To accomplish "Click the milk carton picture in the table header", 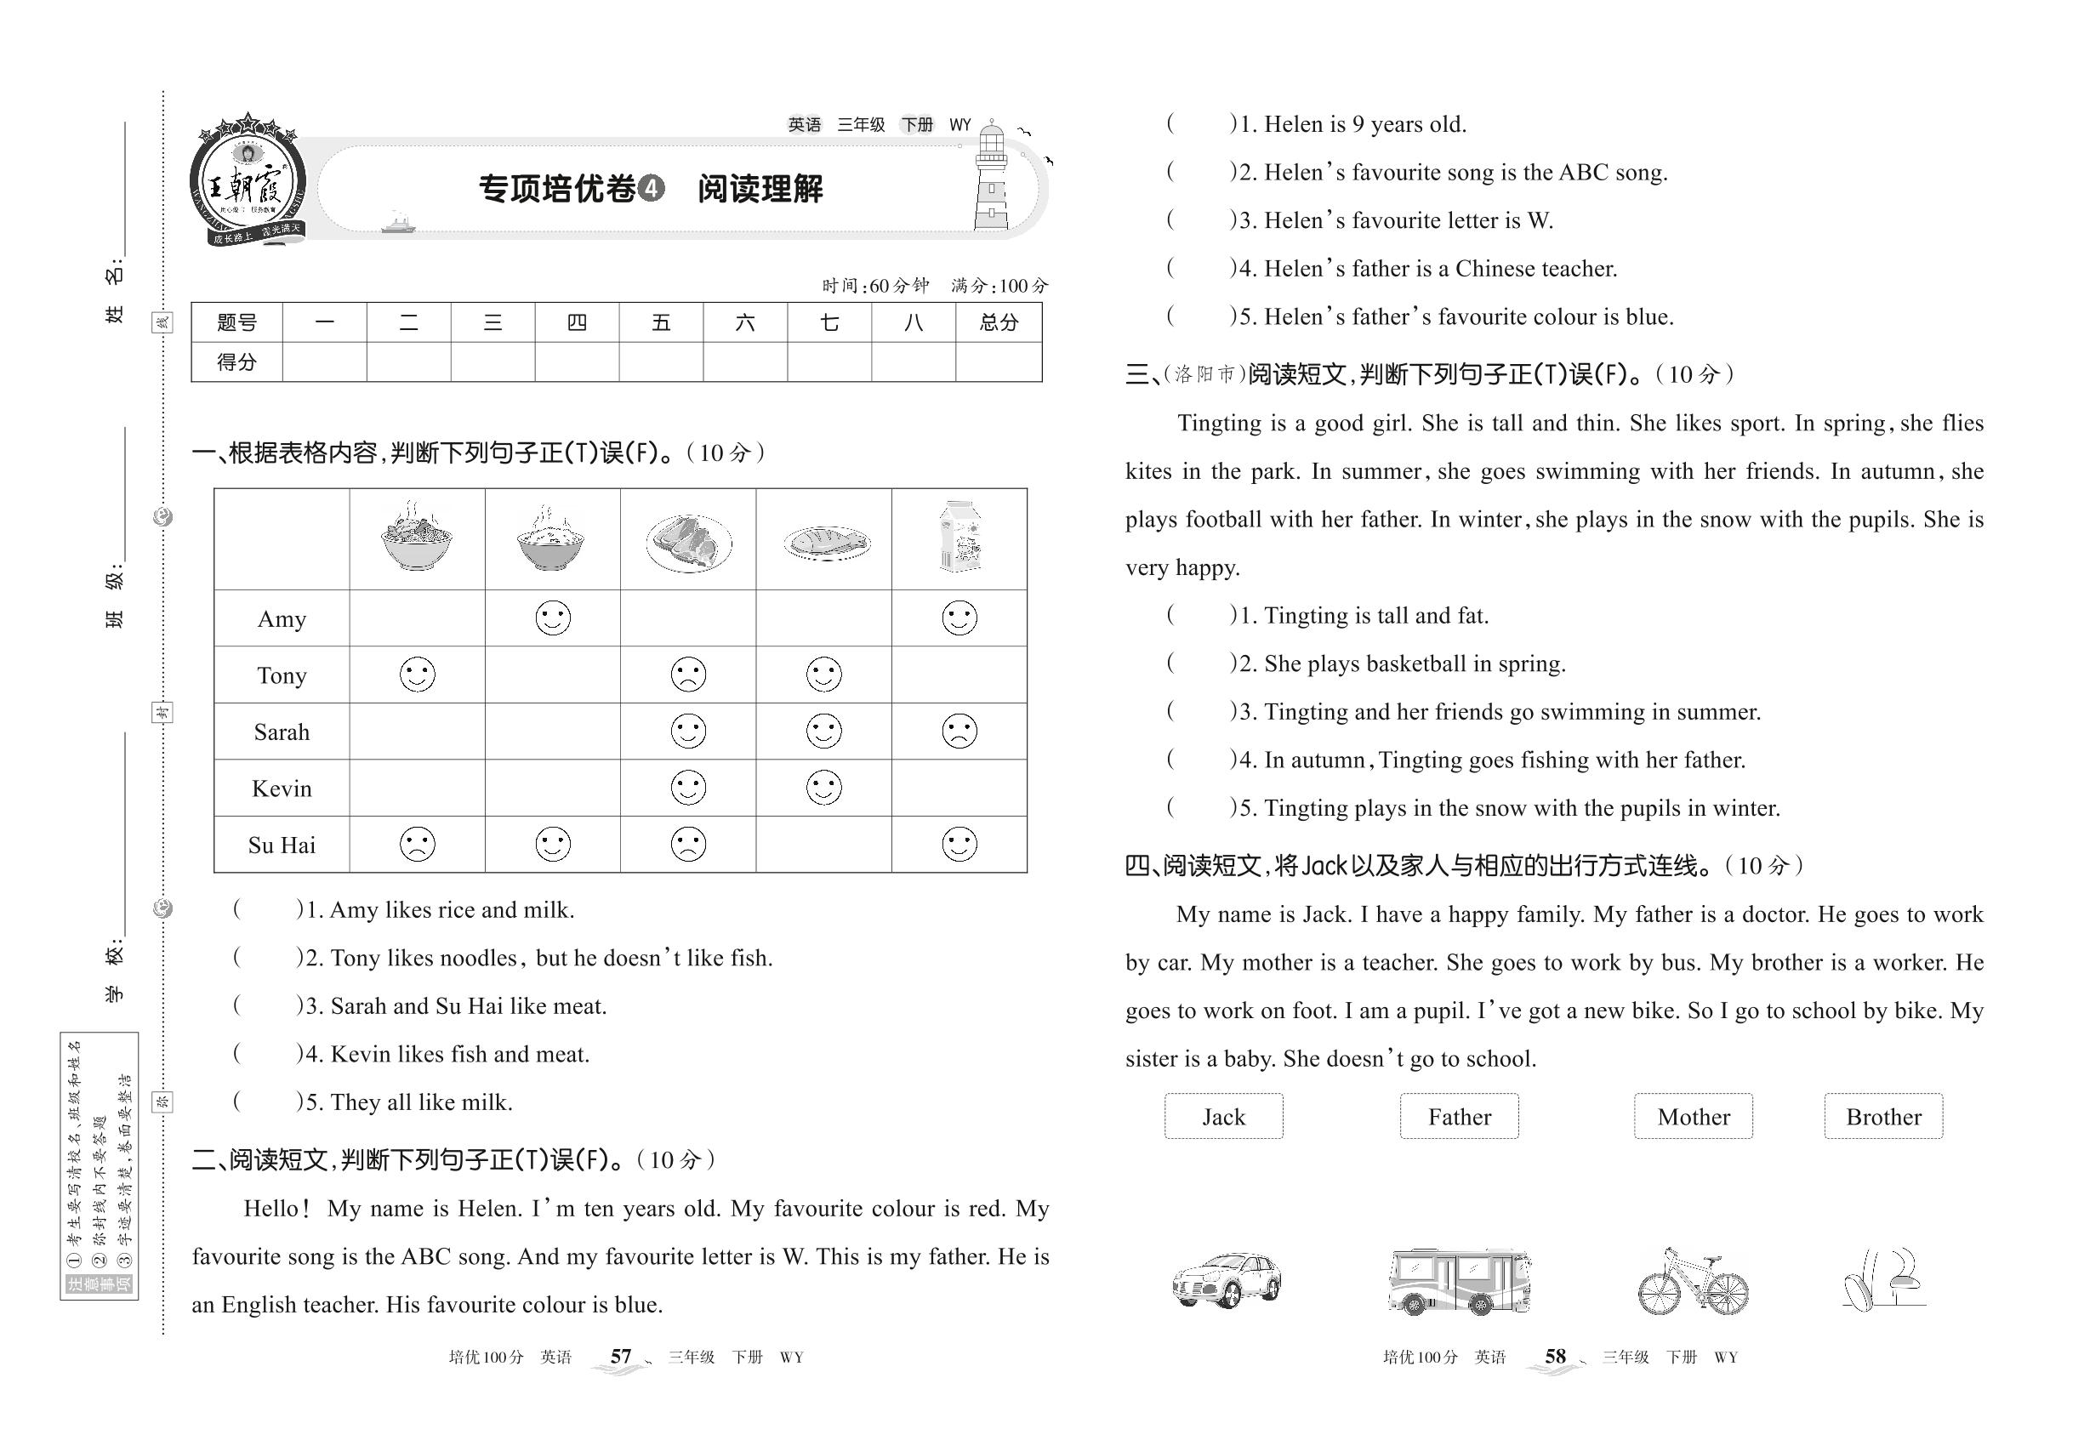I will coord(959,538).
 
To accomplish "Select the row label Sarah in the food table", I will coord(282,732).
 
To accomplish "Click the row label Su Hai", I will coord(282,845).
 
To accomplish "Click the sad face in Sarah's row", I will coord(959,732).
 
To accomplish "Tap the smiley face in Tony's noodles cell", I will coord(418,675).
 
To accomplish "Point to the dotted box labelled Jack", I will coord(1223,1116).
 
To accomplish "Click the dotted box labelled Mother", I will coord(1693,1116).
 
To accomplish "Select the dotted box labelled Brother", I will coord(1883,1116).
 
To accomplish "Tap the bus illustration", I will coord(1459,1281).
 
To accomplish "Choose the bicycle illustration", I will coord(1693,1283).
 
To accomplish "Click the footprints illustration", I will coord(1883,1279).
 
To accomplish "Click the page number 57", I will coord(621,1357).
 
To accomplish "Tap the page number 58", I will coord(1555,1357).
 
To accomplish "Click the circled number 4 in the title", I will coord(651,189).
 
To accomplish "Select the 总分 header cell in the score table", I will coord(999,322).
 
